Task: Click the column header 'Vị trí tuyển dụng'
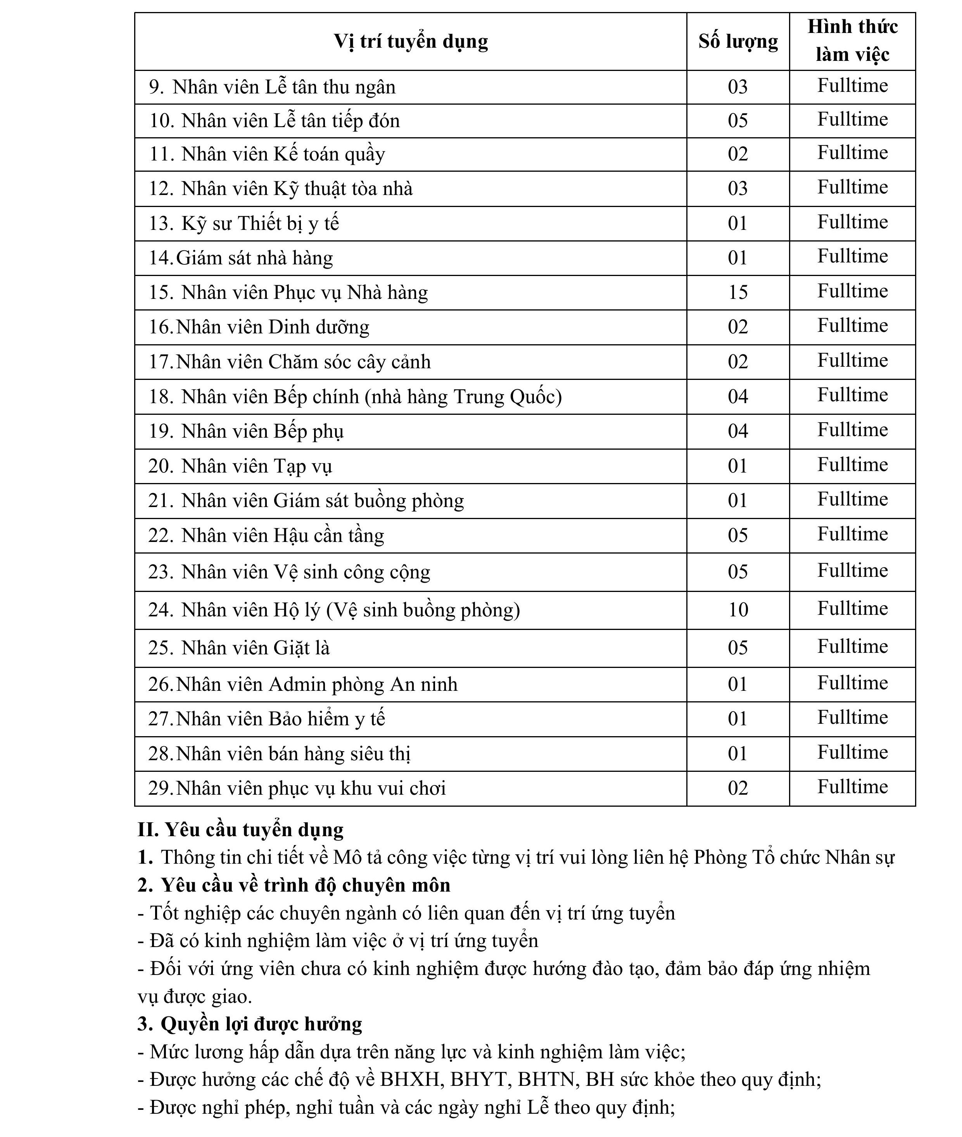point(411,42)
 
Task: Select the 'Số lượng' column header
point(738,42)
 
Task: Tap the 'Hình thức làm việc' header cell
point(852,41)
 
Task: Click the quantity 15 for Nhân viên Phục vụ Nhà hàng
point(738,293)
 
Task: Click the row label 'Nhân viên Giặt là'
point(255,648)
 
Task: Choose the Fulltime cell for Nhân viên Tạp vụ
point(852,465)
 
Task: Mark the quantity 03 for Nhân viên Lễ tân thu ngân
point(738,87)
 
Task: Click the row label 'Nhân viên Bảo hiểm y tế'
point(280,719)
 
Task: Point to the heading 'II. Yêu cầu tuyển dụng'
point(240,830)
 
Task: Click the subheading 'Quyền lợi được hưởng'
point(261,1024)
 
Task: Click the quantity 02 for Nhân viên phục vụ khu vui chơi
point(738,788)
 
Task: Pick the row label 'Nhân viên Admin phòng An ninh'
point(316,684)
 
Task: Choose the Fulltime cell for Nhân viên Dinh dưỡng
point(852,326)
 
